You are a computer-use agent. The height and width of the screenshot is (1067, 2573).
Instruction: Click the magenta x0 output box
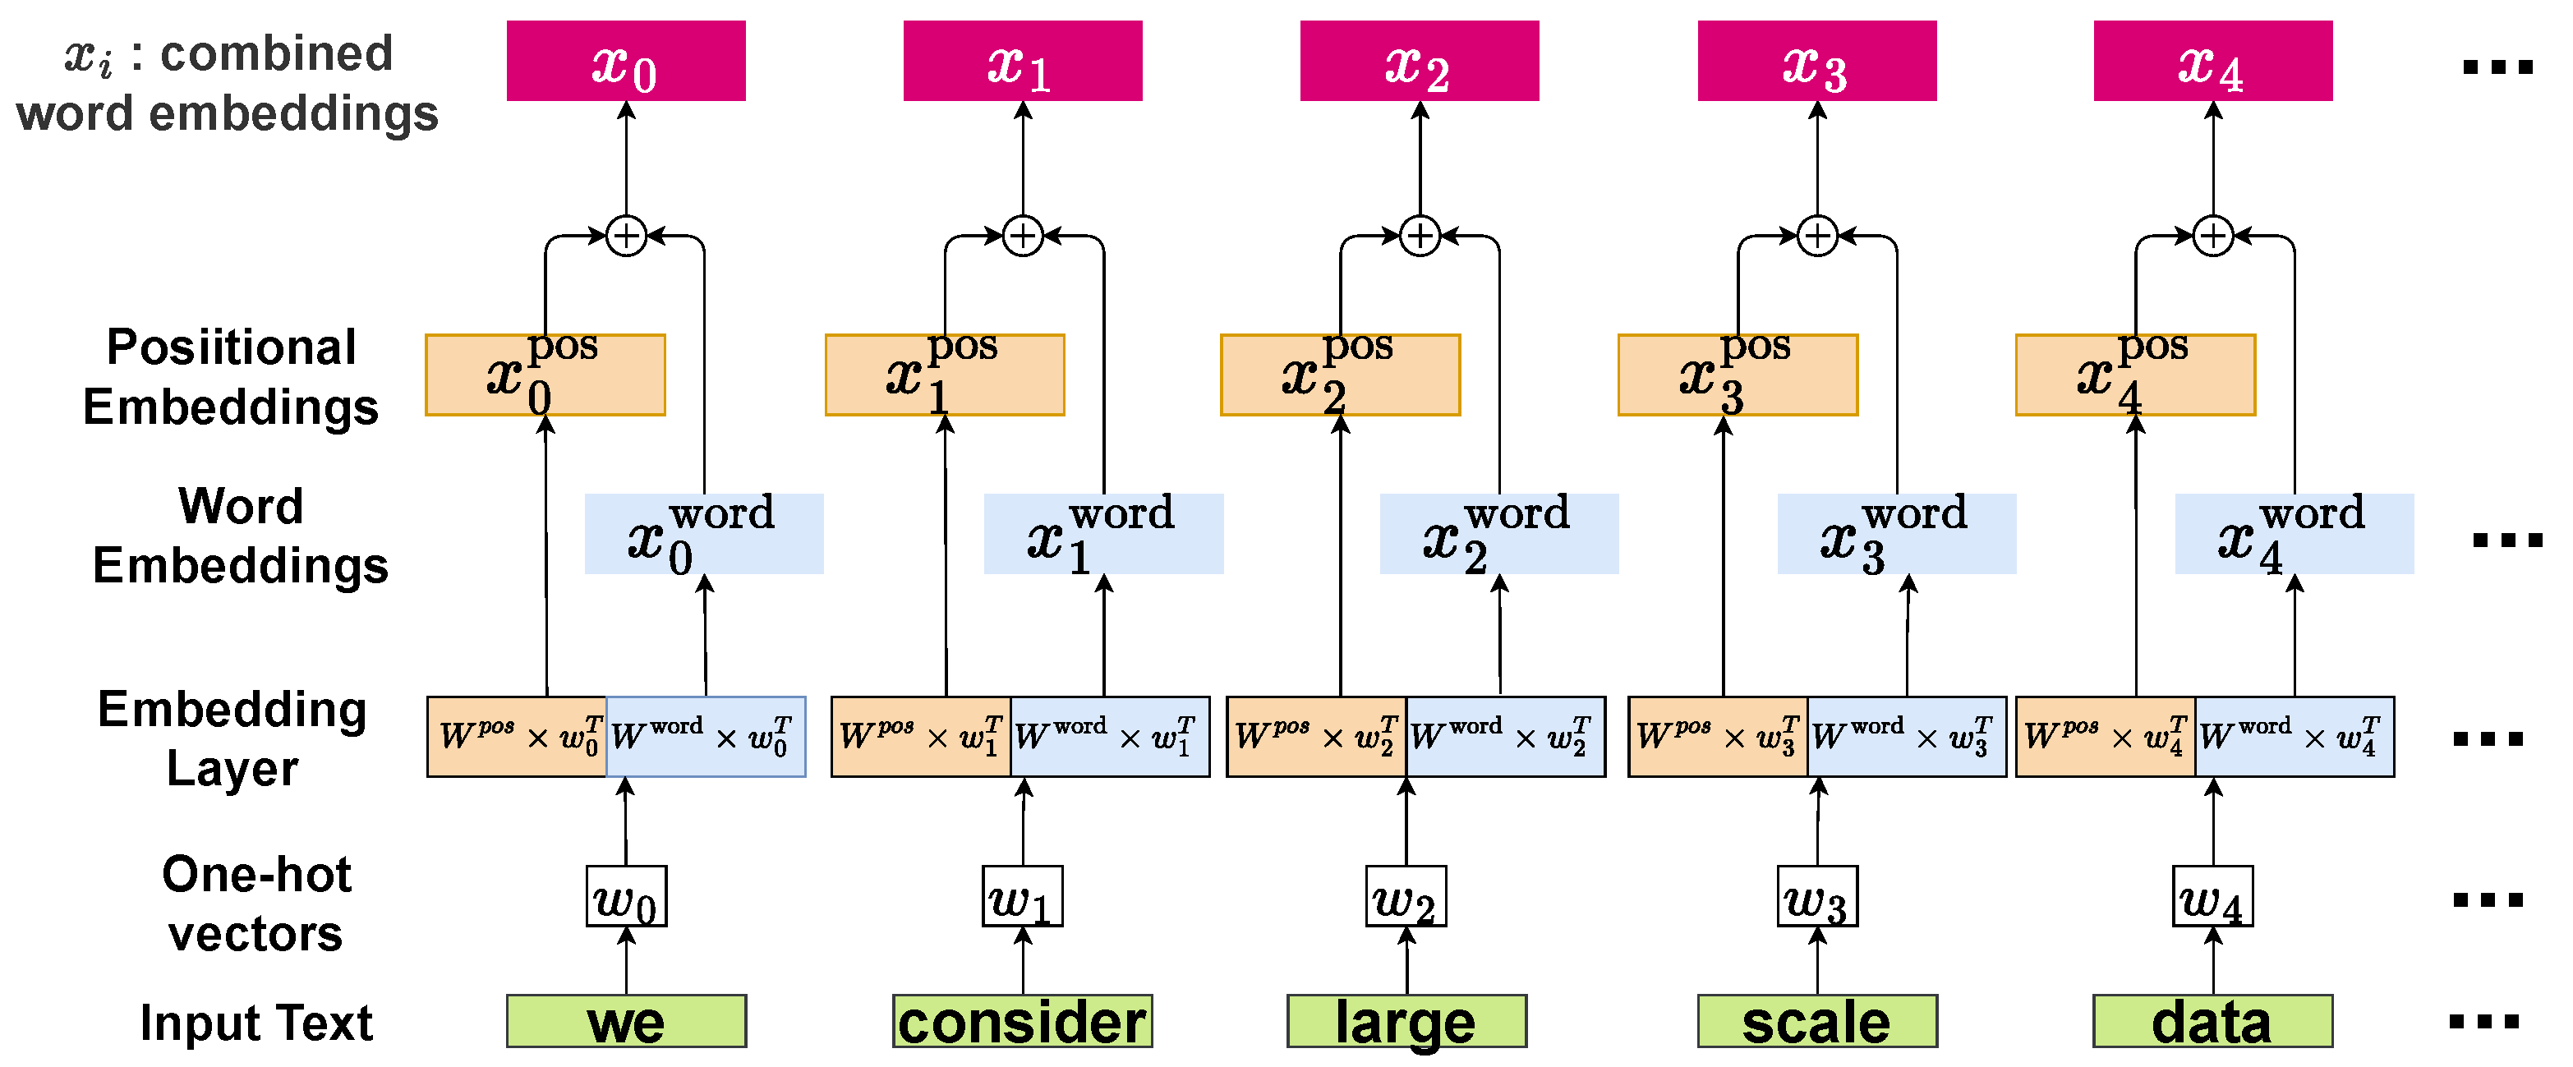click(x=625, y=61)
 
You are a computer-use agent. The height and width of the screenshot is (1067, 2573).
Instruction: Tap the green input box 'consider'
click(x=1022, y=1021)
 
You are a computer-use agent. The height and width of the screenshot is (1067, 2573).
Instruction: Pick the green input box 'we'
click(x=625, y=1021)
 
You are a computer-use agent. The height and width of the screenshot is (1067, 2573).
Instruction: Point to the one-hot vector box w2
click(x=1406, y=897)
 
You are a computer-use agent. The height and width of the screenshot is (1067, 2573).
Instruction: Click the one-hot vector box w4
click(x=2212, y=897)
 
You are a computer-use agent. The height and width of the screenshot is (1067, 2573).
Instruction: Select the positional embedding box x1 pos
click(x=944, y=375)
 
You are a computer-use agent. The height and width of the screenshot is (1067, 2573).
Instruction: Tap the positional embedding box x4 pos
click(x=2134, y=375)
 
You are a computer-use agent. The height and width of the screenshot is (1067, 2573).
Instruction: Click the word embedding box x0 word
click(x=703, y=534)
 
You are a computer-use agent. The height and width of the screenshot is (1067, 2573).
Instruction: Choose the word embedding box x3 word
click(x=1896, y=534)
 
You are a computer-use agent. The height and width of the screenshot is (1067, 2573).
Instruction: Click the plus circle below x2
click(x=1420, y=236)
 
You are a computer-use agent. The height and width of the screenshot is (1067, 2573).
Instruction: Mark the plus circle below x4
click(x=2212, y=236)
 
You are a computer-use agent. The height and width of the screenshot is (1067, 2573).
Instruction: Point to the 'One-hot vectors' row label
click(x=255, y=904)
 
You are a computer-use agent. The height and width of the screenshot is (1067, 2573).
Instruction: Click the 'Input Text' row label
click(x=255, y=1022)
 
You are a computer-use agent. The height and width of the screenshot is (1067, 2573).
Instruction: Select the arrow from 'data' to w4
click(x=2212, y=961)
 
